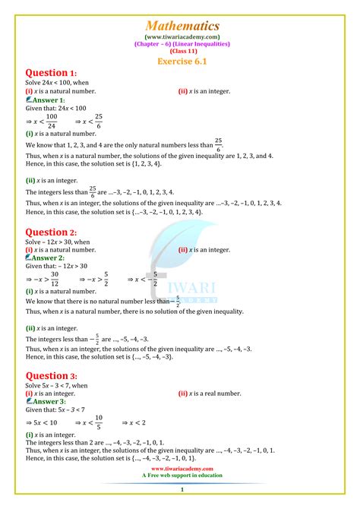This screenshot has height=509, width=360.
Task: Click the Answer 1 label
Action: (47, 100)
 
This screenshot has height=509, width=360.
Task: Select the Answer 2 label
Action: (47, 258)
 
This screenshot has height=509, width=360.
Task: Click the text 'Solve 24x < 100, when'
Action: (58, 84)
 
